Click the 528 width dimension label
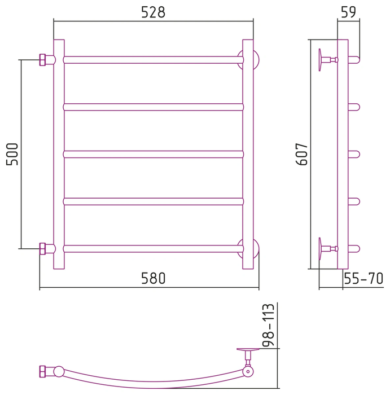(x=153, y=12)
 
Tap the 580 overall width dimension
(x=153, y=278)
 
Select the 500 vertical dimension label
(x=12, y=154)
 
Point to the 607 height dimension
(x=301, y=154)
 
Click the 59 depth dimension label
(x=348, y=12)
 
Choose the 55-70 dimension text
(x=363, y=278)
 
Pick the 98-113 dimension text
(x=268, y=325)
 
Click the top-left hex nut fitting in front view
(x=42, y=60)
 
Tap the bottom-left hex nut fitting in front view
(x=42, y=249)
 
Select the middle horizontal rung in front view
(x=153, y=154)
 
